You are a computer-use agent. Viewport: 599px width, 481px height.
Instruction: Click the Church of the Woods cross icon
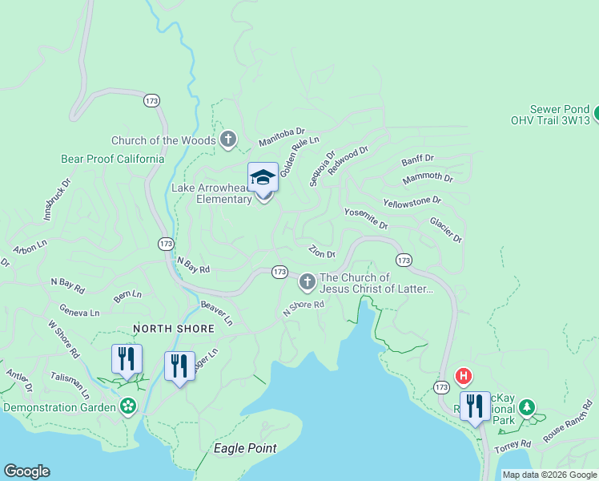pyautogui.click(x=227, y=140)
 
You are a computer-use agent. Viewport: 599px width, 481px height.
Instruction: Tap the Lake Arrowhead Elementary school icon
pyautogui.click(x=263, y=178)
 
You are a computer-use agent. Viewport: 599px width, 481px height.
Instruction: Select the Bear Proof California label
pyautogui.click(x=113, y=159)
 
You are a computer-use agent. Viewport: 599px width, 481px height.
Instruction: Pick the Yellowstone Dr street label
pyautogui.click(x=412, y=201)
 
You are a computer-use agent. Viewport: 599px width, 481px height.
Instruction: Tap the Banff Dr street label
pyautogui.click(x=418, y=159)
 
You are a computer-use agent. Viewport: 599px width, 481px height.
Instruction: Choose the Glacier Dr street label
pyautogui.click(x=446, y=229)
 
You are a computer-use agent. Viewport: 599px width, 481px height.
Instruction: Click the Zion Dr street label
pyautogui.click(x=321, y=252)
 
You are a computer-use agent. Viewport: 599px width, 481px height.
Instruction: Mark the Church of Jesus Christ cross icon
pyautogui.click(x=307, y=282)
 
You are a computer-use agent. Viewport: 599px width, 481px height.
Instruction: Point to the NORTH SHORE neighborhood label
pyautogui.click(x=174, y=329)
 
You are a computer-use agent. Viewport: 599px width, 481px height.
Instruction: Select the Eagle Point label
pyautogui.click(x=245, y=448)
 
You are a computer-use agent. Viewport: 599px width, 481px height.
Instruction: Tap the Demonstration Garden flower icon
pyautogui.click(x=127, y=406)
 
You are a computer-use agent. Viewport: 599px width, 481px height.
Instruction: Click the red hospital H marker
pyautogui.click(x=462, y=375)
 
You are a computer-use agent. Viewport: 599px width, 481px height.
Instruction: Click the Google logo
pyautogui.click(x=26, y=471)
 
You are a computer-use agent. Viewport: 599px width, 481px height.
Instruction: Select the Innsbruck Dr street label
pyautogui.click(x=57, y=199)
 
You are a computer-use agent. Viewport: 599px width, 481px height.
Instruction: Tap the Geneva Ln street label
pyautogui.click(x=79, y=311)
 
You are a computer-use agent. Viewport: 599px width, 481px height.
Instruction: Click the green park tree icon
pyautogui.click(x=527, y=407)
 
